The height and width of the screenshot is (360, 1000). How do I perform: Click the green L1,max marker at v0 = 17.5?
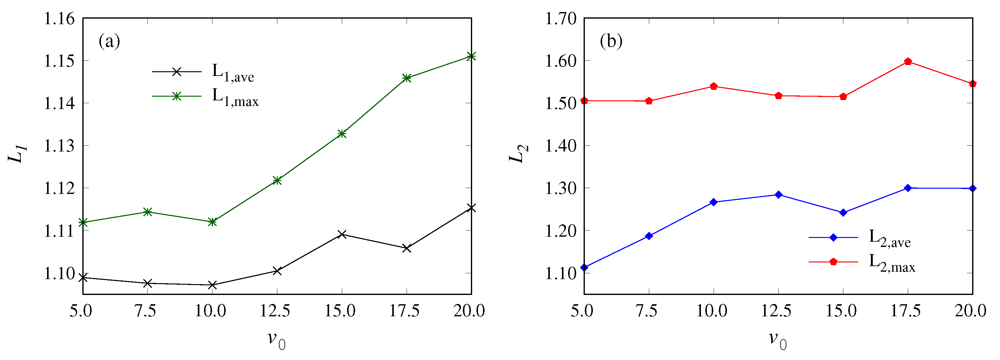[x=407, y=78]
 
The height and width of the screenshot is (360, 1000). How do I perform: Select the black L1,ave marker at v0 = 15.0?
[x=341, y=234]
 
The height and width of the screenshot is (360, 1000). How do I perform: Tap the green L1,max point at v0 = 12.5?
[x=277, y=180]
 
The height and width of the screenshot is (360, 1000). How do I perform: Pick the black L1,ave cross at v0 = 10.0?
[x=212, y=285]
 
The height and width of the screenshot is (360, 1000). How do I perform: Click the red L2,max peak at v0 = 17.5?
[x=908, y=62]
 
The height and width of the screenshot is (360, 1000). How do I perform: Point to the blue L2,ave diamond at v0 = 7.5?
[x=649, y=236]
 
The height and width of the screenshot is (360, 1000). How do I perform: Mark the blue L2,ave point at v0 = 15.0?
[x=843, y=213]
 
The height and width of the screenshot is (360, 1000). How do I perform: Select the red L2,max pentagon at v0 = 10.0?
[x=714, y=86]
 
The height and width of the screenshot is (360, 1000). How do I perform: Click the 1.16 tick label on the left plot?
[x=59, y=19]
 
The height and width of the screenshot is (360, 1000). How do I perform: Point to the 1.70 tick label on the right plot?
[x=561, y=19]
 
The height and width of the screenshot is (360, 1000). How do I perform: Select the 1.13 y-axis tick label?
[x=59, y=146]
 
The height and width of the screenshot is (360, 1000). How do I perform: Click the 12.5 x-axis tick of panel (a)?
[x=275, y=311]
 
